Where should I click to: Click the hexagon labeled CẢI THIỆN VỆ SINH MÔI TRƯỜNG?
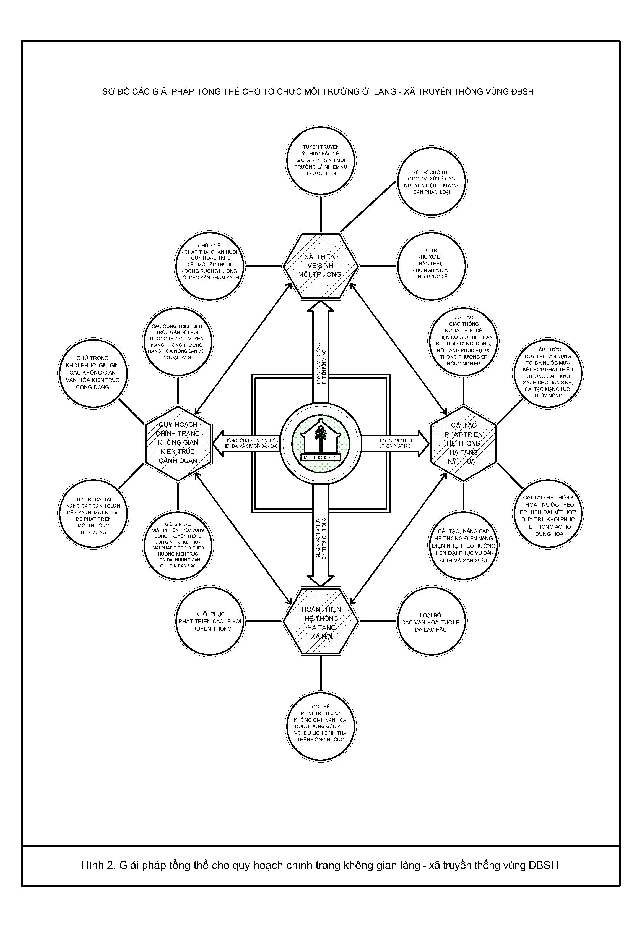[x=321, y=266]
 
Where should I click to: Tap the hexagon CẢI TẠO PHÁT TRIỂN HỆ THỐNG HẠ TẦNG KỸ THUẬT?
[x=463, y=443]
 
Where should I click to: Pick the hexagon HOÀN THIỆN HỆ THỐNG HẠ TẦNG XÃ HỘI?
[x=321, y=621]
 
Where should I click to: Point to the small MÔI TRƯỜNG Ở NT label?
[x=321, y=457]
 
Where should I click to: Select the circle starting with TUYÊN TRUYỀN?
[x=321, y=160]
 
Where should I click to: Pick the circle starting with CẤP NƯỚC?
[x=548, y=373]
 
